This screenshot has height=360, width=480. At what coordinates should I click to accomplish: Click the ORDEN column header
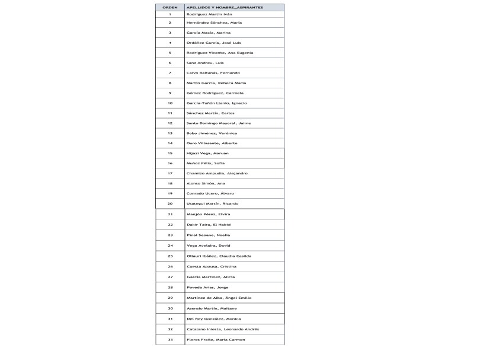pos(170,7)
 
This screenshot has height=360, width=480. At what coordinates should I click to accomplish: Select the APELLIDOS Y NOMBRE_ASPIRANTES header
pos(216,7)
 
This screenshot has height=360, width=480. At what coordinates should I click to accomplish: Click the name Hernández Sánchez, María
pos(210,23)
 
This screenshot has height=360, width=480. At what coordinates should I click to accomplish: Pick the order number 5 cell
pos(170,53)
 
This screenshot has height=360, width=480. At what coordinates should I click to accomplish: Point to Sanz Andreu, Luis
pos(205,63)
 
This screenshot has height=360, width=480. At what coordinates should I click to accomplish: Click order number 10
pos(170,103)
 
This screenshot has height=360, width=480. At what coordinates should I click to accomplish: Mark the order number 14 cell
pos(170,144)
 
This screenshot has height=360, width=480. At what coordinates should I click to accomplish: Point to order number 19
pos(170,193)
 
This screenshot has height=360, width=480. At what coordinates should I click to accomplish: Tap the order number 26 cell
pos(170,266)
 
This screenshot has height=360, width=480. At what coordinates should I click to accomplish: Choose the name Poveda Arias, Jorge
pos(207,287)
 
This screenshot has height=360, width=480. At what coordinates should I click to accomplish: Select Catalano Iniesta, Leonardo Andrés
pos(222,329)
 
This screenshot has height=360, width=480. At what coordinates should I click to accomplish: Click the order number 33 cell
pos(170,340)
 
